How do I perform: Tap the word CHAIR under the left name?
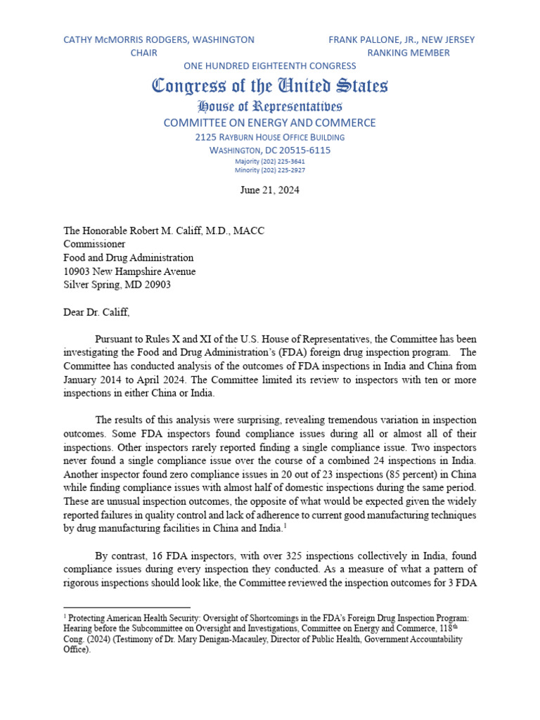tap(144, 53)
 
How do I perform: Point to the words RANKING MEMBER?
tap(409, 53)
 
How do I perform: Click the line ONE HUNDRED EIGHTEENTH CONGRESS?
tap(270, 66)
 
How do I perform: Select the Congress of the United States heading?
tap(270, 86)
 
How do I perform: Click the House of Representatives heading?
tap(270, 107)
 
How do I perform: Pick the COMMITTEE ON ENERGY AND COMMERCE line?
tap(270, 123)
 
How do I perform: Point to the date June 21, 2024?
tap(270, 190)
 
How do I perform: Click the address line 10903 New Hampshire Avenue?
tap(130, 271)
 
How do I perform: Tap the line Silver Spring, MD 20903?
tap(117, 285)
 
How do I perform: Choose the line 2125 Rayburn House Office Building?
tap(270, 137)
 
